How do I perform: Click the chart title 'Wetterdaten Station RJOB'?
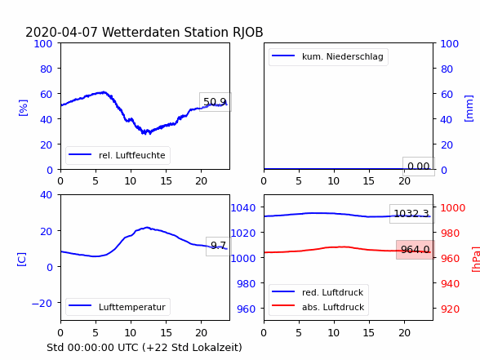tap(183, 32)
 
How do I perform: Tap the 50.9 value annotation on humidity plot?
tap(216, 101)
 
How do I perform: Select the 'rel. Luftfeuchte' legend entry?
tap(117, 155)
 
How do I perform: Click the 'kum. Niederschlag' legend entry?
tap(327, 56)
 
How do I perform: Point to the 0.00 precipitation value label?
tap(419, 167)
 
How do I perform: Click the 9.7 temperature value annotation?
tap(218, 246)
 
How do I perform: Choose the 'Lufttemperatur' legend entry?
tap(117, 307)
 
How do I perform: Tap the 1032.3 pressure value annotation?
tap(411, 213)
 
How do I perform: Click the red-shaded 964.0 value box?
tap(416, 250)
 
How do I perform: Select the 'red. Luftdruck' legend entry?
tap(318, 292)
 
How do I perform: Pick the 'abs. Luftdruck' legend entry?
tap(318, 307)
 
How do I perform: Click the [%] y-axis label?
tap(23, 108)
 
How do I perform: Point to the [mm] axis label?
tap(469, 109)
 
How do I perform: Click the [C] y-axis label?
tap(21, 260)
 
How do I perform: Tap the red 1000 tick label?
tap(453, 208)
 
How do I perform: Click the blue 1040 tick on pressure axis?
tap(243, 208)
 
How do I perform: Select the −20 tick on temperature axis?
tap(42, 304)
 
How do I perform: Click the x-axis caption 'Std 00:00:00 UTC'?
tap(95, 348)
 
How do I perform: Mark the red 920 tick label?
tap(450, 309)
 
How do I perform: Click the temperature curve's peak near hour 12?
tap(147, 228)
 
